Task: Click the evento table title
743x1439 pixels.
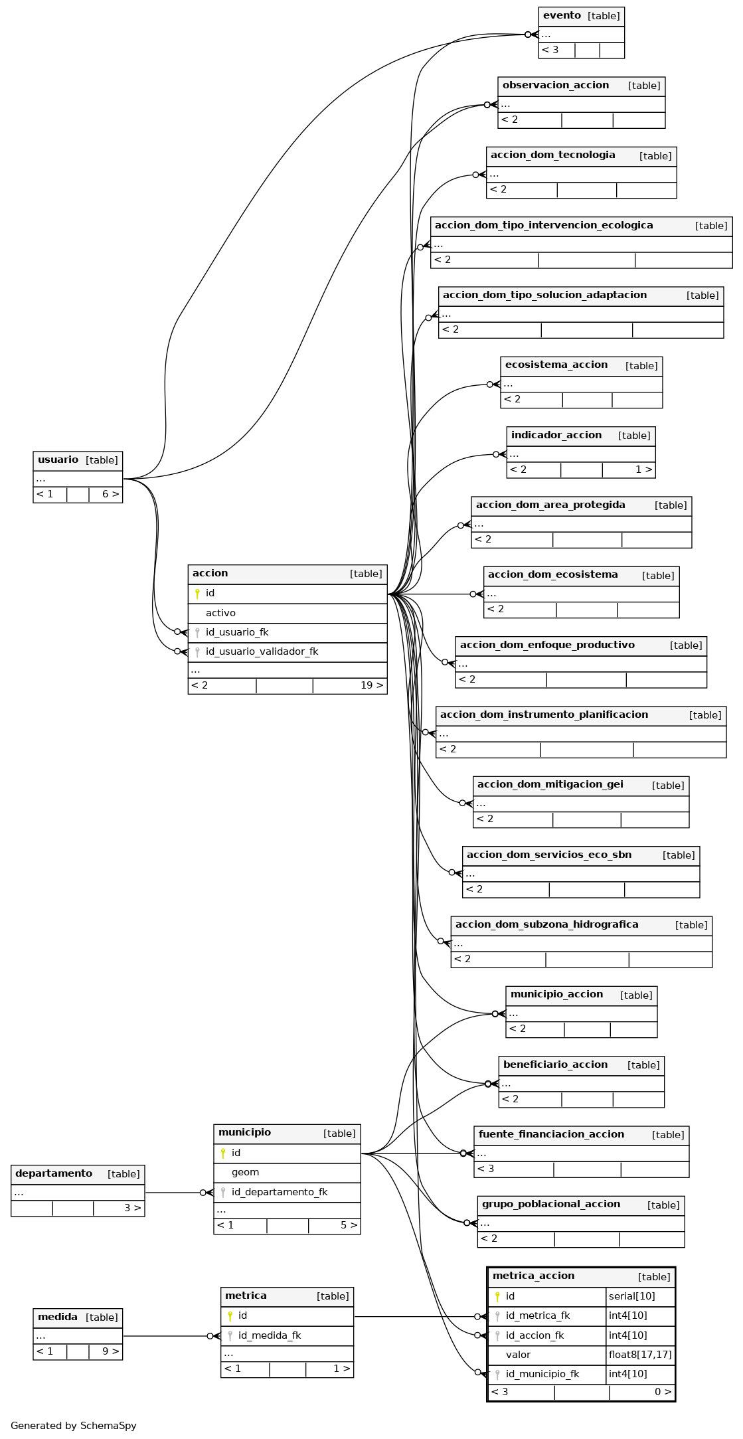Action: [562, 16]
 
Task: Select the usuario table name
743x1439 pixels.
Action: [58, 460]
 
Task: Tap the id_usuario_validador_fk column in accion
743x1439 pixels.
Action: [262, 652]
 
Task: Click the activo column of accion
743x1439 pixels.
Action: [220, 613]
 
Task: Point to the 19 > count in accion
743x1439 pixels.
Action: [372, 685]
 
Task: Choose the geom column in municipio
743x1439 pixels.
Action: [245, 1172]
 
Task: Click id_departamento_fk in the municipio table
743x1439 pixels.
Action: [280, 1192]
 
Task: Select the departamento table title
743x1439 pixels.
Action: [54, 1173]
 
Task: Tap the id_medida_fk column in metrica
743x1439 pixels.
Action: [270, 1335]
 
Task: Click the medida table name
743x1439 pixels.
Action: [58, 1317]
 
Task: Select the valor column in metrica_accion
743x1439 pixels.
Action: [518, 1355]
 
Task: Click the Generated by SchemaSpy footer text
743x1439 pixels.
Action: [74, 1425]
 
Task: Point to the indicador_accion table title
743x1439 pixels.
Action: [556, 436]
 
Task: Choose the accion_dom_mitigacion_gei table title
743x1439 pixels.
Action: [550, 785]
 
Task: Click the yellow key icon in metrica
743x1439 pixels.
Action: [230, 1315]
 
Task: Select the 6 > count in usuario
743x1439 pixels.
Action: [111, 494]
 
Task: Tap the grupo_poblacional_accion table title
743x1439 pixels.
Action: [551, 1204]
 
